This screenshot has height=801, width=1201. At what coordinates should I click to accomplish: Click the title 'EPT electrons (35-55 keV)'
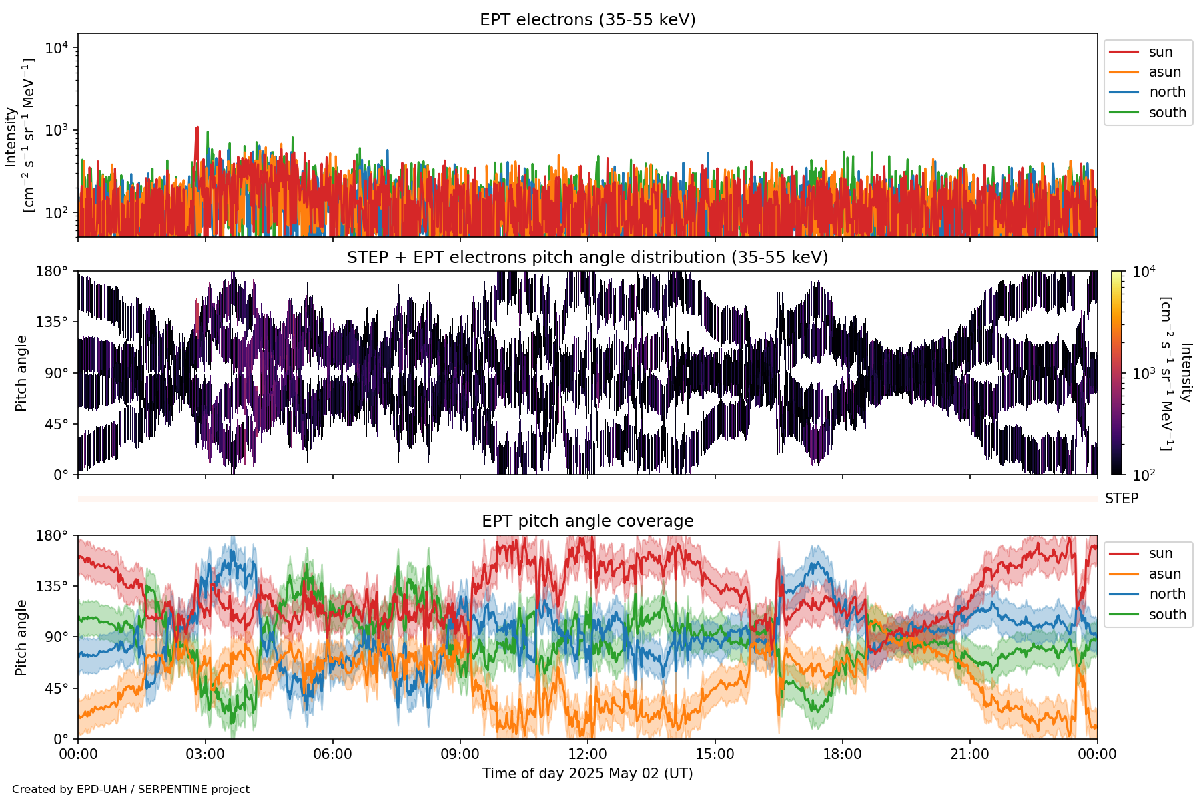pyautogui.click(x=587, y=20)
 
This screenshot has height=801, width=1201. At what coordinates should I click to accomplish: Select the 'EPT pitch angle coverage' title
pyautogui.click(x=587, y=521)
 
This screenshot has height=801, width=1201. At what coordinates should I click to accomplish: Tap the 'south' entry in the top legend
pyautogui.click(x=1167, y=113)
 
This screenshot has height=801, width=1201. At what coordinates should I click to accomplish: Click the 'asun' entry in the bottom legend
pyautogui.click(x=1164, y=574)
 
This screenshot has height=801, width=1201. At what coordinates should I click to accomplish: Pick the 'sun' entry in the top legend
pyautogui.click(x=1160, y=52)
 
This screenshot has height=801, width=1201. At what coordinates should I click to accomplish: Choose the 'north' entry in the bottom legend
pyautogui.click(x=1167, y=594)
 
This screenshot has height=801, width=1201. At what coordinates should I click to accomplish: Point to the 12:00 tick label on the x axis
pyautogui.click(x=587, y=754)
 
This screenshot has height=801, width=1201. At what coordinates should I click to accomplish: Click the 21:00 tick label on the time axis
pyautogui.click(x=969, y=754)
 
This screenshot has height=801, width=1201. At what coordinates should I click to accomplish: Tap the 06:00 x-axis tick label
pyautogui.click(x=332, y=754)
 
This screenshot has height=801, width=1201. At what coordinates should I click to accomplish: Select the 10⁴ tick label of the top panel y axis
pyautogui.click(x=56, y=48)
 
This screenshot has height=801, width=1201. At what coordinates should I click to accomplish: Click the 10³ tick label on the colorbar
pyautogui.click(x=1144, y=374)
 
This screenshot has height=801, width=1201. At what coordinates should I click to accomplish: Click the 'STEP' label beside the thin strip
pyautogui.click(x=1121, y=499)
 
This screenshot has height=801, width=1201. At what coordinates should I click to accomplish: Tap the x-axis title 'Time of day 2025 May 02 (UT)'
pyautogui.click(x=587, y=774)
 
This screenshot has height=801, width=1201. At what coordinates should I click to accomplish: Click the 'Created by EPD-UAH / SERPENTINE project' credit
pyautogui.click(x=131, y=790)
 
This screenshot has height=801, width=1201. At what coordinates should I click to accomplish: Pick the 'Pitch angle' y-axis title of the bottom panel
pyautogui.click(x=21, y=637)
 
